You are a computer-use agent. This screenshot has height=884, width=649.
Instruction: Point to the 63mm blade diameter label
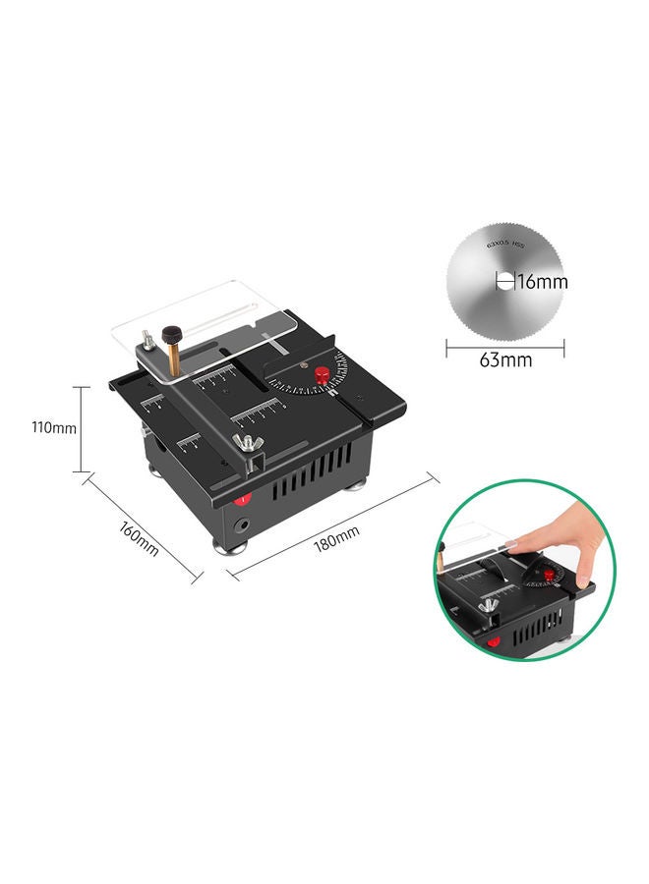[x=505, y=359]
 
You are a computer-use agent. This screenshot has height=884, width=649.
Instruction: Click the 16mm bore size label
[x=542, y=283]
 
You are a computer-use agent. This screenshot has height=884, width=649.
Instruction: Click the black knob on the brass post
[x=173, y=333]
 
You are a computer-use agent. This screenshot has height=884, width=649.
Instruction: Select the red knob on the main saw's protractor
[x=320, y=374]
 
